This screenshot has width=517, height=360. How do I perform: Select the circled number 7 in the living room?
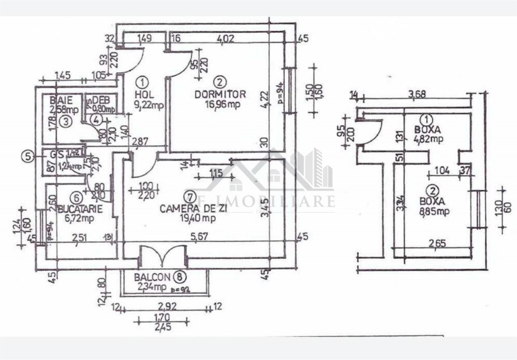point(189,197)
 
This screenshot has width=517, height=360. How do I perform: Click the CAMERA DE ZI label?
point(187,208)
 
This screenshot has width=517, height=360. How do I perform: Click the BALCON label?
point(152,277)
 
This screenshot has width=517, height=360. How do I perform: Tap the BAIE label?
point(62,99)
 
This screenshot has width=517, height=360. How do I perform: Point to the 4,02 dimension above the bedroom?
point(226,37)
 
